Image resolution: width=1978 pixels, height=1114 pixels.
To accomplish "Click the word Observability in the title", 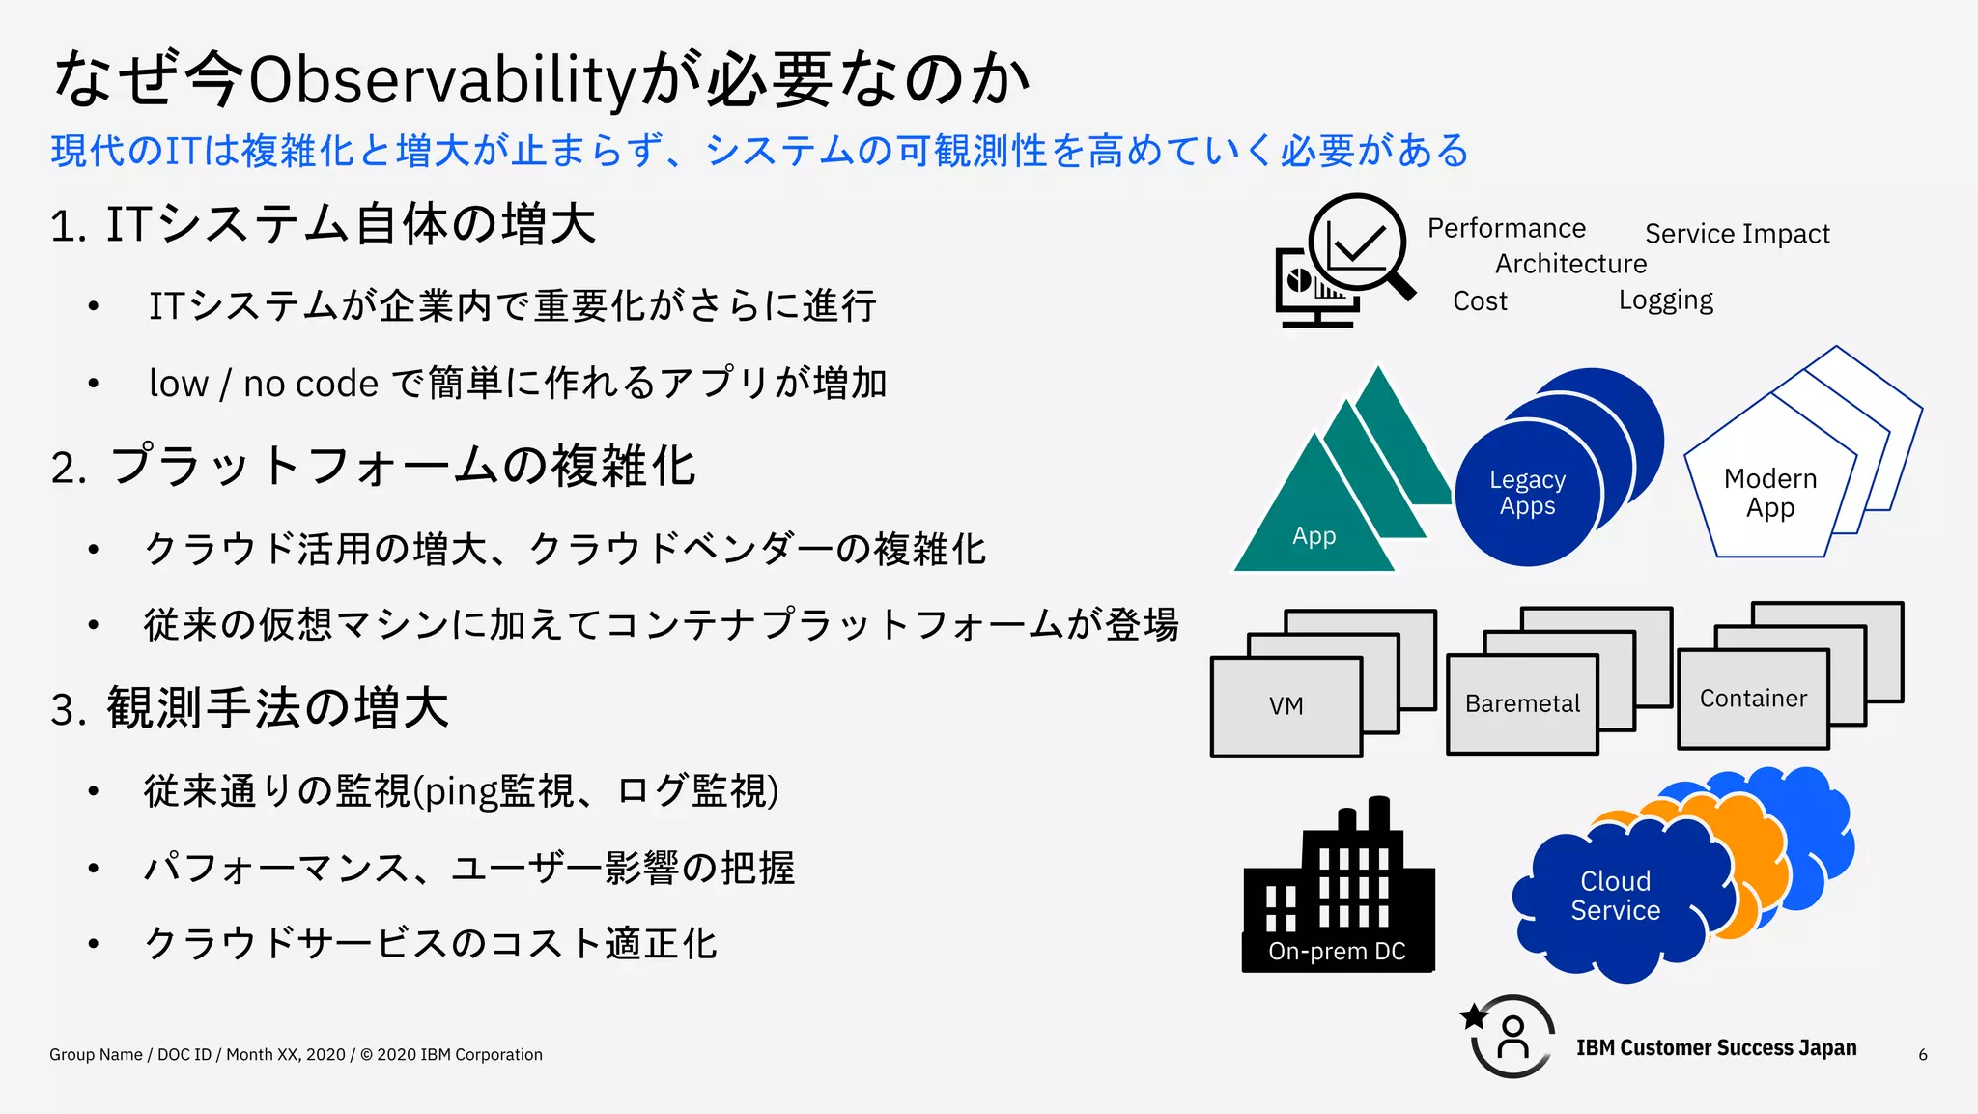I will (x=440, y=81).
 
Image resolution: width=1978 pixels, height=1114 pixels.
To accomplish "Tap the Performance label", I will (x=1506, y=228).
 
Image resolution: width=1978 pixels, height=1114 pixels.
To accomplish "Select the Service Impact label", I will (x=1737, y=234).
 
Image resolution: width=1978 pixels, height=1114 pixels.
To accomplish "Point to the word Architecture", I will (x=1570, y=264).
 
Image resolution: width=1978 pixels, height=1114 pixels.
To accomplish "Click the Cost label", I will (x=1479, y=301).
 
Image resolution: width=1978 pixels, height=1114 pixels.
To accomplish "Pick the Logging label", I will (x=1665, y=300).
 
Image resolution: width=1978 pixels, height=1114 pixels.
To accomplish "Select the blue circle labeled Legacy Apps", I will (x=1527, y=493).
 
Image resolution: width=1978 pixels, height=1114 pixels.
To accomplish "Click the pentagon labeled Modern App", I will (x=1769, y=493).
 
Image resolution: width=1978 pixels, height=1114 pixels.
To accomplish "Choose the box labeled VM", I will (x=1286, y=706).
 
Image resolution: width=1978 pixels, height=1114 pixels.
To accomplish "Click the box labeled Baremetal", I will (x=1521, y=704).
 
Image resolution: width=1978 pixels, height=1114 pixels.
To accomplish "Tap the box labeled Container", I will (x=1752, y=699).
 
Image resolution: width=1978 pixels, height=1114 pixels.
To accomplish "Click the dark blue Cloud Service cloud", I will (x=1615, y=895).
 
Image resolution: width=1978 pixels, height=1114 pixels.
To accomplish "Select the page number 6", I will (x=1922, y=1055).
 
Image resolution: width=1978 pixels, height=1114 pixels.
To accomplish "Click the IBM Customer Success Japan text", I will (x=1715, y=1048).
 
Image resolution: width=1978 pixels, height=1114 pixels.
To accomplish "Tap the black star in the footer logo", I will (x=1474, y=1016).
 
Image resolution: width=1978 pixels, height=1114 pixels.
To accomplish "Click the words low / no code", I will (x=263, y=384).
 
